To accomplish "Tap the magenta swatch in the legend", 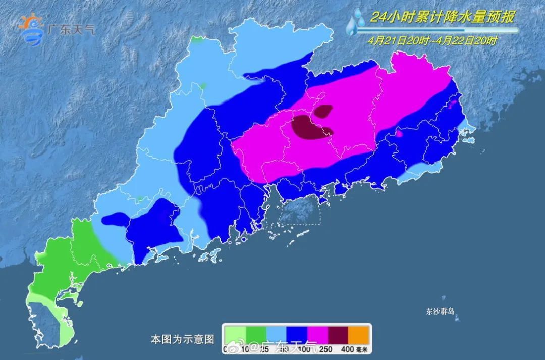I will pyautogui.click(x=318, y=335).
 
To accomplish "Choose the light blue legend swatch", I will pyautogui.click(x=277, y=335).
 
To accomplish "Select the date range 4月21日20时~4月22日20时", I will pyautogui.click(x=432, y=41).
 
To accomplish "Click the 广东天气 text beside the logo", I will pyautogui.click(x=71, y=29).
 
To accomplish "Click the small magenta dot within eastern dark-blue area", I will pyautogui.click(x=399, y=134).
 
